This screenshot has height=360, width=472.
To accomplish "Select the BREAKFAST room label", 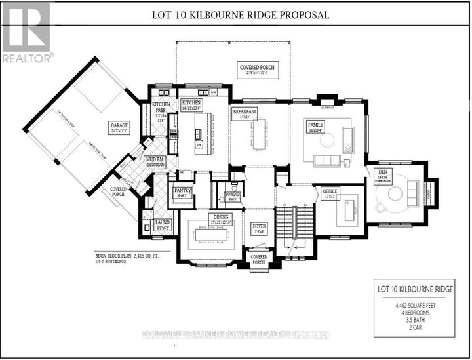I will click(245, 112).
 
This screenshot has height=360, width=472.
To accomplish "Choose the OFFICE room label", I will click(330, 191).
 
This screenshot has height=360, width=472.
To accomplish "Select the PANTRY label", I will click(182, 191).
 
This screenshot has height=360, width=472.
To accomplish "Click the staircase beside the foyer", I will click(291, 226).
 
